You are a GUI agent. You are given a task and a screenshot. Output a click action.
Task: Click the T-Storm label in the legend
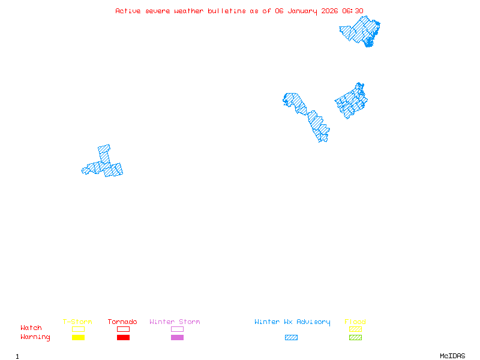[x=77, y=322]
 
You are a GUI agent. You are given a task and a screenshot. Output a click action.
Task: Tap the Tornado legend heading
[x=122, y=322]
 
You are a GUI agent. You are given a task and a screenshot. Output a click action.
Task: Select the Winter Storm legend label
[x=175, y=322]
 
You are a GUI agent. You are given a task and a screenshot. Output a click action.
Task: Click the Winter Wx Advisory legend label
[x=292, y=322]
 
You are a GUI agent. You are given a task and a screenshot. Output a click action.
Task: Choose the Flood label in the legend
[x=355, y=322]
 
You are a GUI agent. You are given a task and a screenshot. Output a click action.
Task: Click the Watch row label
[x=31, y=328]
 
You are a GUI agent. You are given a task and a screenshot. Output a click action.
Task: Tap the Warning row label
[x=35, y=337]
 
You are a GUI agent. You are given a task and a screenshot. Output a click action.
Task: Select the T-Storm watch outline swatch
[x=78, y=329]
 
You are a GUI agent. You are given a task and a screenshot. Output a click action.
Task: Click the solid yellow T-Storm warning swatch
[x=78, y=338]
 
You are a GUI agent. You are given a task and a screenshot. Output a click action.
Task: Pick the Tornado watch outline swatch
[x=123, y=329]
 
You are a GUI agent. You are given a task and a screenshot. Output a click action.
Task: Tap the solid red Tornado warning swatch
[x=123, y=338]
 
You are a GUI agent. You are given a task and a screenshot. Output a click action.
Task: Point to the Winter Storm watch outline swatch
[x=177, y=329]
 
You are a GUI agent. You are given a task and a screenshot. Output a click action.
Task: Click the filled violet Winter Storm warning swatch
[x=177, y=338]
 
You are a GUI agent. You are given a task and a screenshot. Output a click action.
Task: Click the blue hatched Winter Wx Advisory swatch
[x=291, y=338]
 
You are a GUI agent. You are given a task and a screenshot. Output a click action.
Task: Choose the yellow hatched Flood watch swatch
[x=355, y=329]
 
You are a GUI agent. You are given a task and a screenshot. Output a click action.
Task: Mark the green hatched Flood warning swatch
[x=355, y=338]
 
